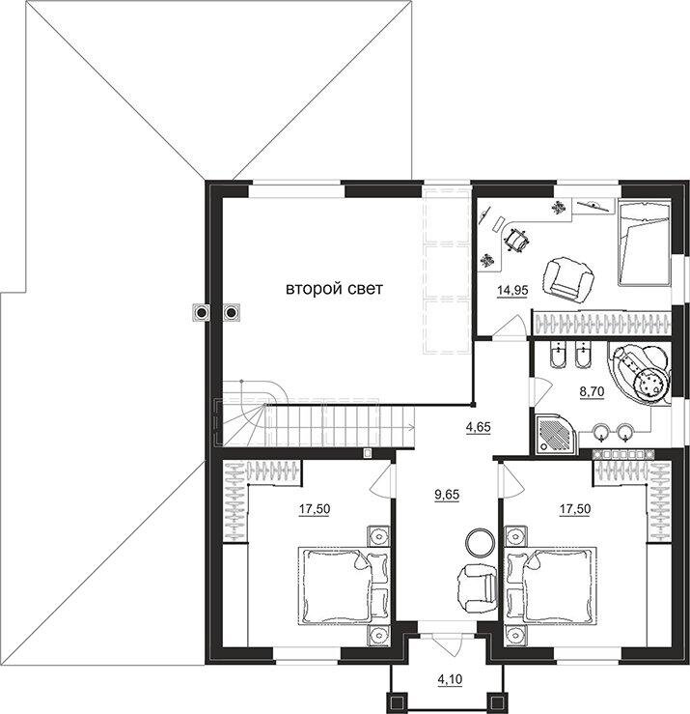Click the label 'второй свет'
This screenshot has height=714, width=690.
click(x=334, y=289)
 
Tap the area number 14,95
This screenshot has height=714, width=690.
click(x=512, y=289)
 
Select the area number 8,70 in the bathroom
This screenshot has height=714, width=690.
click(x=592, y=391)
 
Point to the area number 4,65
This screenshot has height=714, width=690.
click(x=479, y=428)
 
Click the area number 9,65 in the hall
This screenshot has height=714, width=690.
click(x=447, y=495)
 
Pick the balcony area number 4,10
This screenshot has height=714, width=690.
click(x=450, y=680)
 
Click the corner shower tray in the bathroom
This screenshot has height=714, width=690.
click(x=557, y=434)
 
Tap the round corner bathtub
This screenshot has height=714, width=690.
click(x=639, y=374)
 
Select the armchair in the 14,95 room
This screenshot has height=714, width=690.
click(x=568, y=279)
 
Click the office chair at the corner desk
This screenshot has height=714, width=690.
click(x=515, y=240)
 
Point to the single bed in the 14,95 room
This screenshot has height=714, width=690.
click(x=643, y=243)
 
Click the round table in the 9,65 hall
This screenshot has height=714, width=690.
click(x=480, y=542)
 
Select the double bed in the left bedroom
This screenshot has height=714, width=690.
click(x=345, y=585)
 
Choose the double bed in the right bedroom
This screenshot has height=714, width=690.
click(x=550, y=585)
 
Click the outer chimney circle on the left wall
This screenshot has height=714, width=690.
click(x=200, y=312)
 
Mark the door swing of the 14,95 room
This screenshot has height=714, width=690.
click(x=511, y=326)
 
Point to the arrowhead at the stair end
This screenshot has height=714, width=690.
click(x=412, y=427)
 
